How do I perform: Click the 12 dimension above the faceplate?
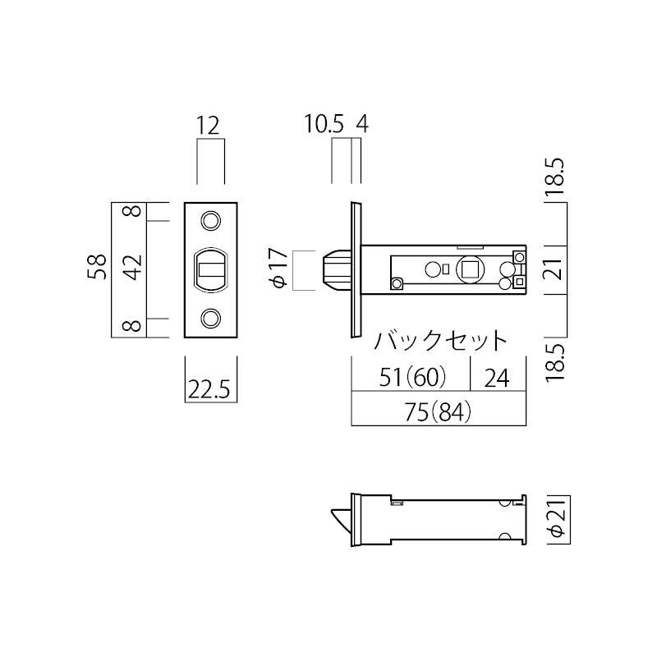click(x=209, y=126)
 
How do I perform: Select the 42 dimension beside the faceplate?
click(x=134, y=269)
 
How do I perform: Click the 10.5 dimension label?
click(x=324, y=125)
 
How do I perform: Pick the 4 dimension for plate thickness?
click(x=362, y=125)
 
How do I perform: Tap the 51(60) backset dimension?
click(x=413, y=377)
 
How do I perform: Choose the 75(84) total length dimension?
click(x=439, y=413)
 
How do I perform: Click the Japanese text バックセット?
click(x=441, y=340)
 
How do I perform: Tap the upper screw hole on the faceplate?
click(x=211, y=221)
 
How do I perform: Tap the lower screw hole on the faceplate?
click(x=211, y=317)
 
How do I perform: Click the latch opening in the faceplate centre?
click(x=211, y=269)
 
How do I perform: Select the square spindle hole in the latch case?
click(x=471, y=269)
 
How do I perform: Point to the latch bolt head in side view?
click(x=337, y=269)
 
